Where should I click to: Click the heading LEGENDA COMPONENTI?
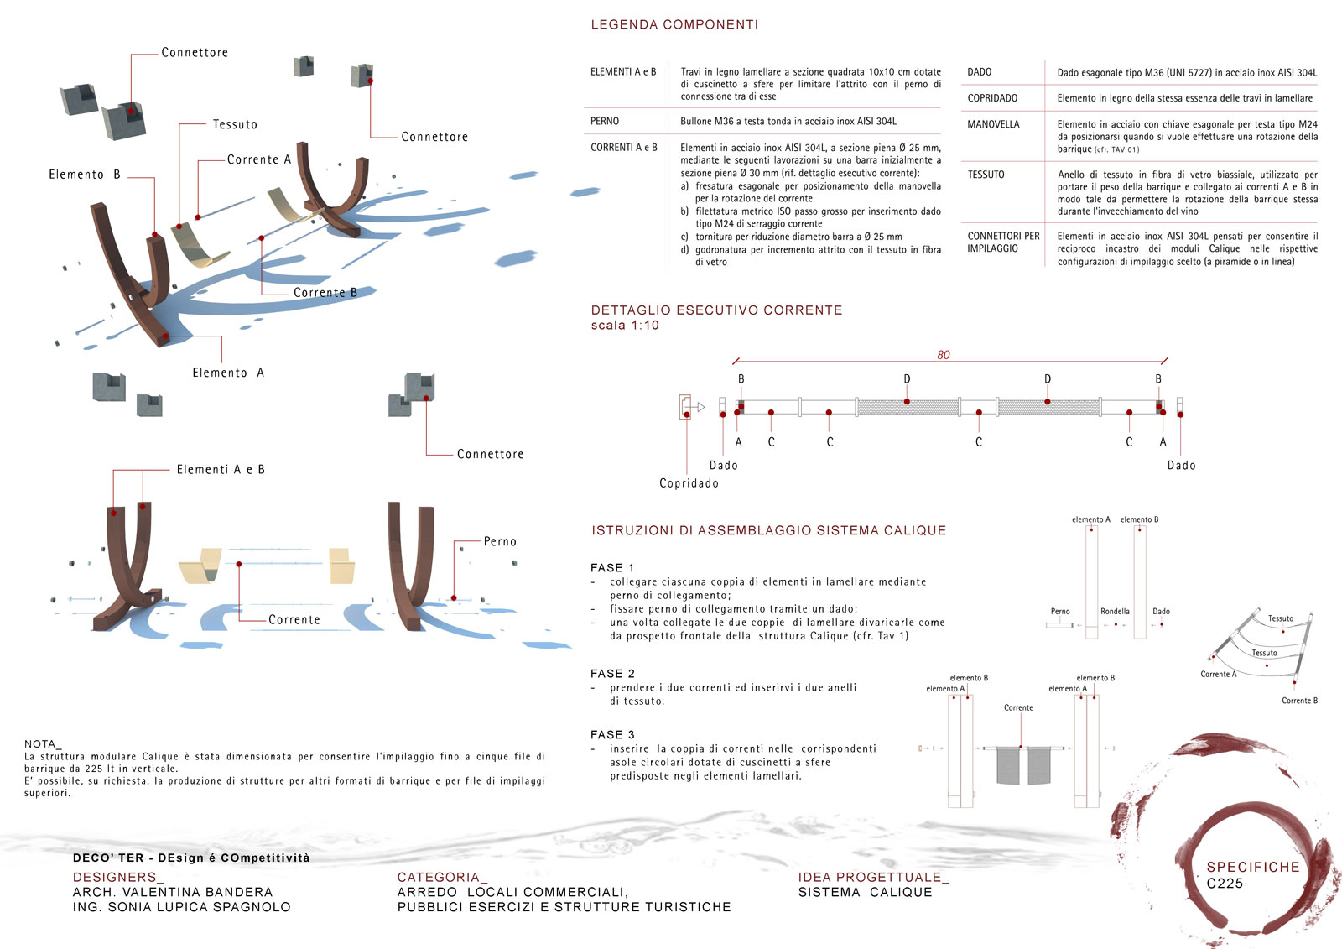pyautogui.click(x=674, y=25)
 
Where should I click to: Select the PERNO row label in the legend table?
pyautogui.click(x=605, y=122)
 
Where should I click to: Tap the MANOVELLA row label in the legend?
pyautogui.click(x=993, y=125)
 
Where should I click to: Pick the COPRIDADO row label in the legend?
pyautogui.click(x=992, y=98)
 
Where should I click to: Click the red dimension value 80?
pyautogui.click(x=944, y=355)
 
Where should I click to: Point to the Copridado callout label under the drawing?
pyautogui.click(x=689, y=483)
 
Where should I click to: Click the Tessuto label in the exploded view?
pyautogui.click(x=235, y=124)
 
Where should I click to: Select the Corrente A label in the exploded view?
pyautogui.click(x=259, y=159)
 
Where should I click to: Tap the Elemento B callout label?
pyautogui.click(x=85, y=175)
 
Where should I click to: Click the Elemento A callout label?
pyautogui.click(x=228, y=373)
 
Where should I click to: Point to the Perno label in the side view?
pyautogui.click(x=500, y=542)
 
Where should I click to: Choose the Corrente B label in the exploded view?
pyautogui.click(x=325, y=293)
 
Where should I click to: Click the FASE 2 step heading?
pyautogui.click(x=612, y=674)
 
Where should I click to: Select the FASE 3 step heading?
pyautogui.click(x=612, y=735)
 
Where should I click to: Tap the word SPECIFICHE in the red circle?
pyautogui.click(x=1252, y=868)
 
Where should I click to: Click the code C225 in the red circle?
pyautogui.click(x=1225, y=884)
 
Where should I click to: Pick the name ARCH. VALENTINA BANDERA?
pyautogui.click(x=173, y=892)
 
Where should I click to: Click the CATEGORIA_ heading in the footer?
pyautogui.click(x=442, y=878)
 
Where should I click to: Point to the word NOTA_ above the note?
pyautogui.click(x=43, y=744)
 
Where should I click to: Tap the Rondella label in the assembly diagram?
pyautogui.click(x=1115, y=612)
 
